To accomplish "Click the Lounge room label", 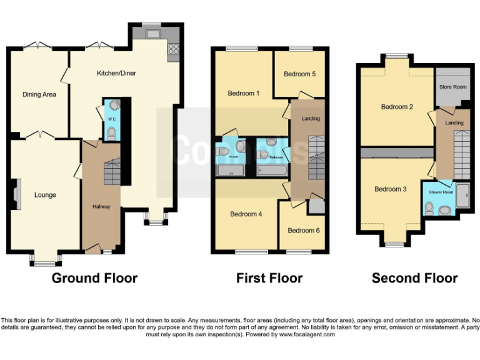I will tap(45, 195).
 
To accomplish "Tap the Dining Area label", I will tap(39, 95).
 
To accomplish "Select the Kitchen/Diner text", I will tap(116, 73).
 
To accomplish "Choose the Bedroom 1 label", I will tap(244, 94).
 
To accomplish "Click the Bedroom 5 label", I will tap(299, 74).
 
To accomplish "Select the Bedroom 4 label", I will tap(246, 214).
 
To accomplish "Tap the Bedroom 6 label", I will tap(304, 231).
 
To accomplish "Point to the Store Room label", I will tap(452, 87).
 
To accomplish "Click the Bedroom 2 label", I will tap(397, 107).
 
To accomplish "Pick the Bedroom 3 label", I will tap(391, 189).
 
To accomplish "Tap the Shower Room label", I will tap(441, 192).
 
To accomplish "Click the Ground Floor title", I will tap(94, 278).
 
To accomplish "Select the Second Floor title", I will tap(414, 278).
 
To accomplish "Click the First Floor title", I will tap(269, 278).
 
